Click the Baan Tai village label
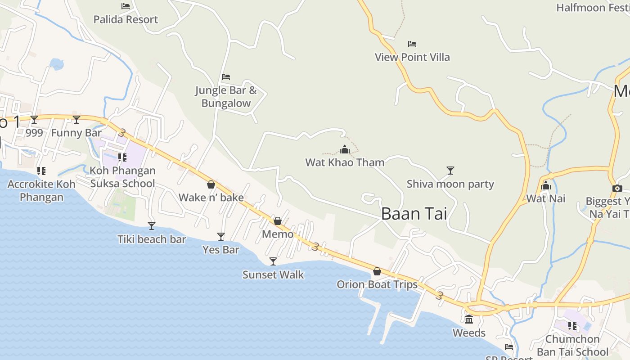414,214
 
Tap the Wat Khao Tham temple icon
345,149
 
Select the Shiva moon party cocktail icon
450,170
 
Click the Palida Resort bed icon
126,6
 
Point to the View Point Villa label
412,57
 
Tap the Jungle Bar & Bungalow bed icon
226,77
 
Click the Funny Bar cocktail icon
76,119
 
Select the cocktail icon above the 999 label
34,119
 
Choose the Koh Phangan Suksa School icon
122,157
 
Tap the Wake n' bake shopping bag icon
211,184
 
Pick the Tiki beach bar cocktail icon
152,225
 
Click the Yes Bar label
220,250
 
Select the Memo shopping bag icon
278,221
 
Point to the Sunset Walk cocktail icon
273,261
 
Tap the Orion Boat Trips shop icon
377,271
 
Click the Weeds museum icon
469,319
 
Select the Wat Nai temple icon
546,185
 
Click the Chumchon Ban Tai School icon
572,325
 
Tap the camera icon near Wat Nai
617,188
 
